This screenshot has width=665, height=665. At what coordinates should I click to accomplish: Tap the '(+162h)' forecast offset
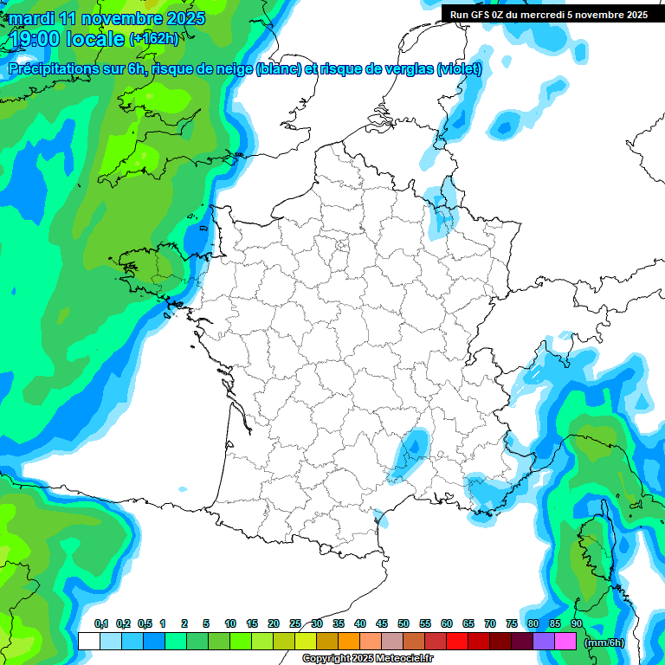coord(153,38)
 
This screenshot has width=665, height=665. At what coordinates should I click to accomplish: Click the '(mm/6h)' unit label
coord(604,642)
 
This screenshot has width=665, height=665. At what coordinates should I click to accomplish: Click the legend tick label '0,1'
coord(101,624)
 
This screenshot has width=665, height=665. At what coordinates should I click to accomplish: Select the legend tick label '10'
coord(230,624)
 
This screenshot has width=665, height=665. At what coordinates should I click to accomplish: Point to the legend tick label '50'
coord(404,624)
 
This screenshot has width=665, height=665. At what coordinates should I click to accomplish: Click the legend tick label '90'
coord(577,624)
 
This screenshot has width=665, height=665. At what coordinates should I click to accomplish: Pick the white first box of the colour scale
coord(88,641)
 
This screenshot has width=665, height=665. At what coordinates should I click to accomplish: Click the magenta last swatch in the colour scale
coord(565,641)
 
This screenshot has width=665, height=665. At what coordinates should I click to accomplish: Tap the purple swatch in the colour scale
coord(544,641)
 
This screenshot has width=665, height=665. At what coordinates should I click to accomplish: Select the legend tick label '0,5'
coord(144,624)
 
